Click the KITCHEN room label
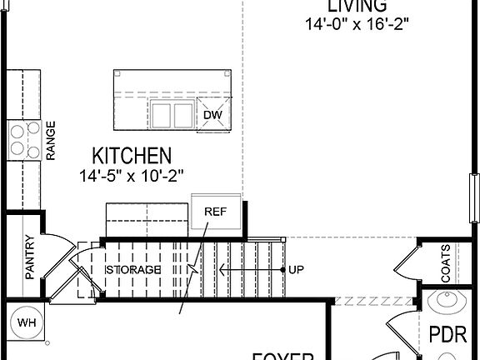pyautogui.click(x=132, y=155)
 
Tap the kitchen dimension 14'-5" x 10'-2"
pyautogui.click(x=132, y=175)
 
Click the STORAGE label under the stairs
pyautogui.click(x=132, y=271)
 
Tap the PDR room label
pyautogui.click(x=444, y=335)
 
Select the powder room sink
pyautogui.click(x=444, y=302)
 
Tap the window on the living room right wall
pyautogui.click(x=473, y=198)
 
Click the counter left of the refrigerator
pyautogui.click(x=147, y=218)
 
